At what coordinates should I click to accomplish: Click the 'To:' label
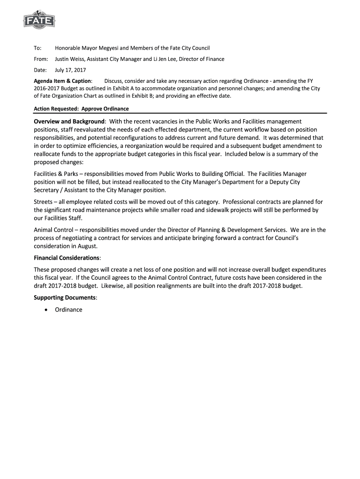tap(38, 48)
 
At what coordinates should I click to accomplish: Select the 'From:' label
tap(41, 59)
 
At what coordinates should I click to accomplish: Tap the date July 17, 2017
tap(71, 70)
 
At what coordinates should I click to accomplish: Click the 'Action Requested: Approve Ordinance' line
tap(81, 109)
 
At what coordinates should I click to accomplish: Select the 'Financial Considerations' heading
tap(67, 258)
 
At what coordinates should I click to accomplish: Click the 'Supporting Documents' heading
tap(65, 298)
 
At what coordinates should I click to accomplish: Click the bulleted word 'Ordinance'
tap(68, 310)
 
